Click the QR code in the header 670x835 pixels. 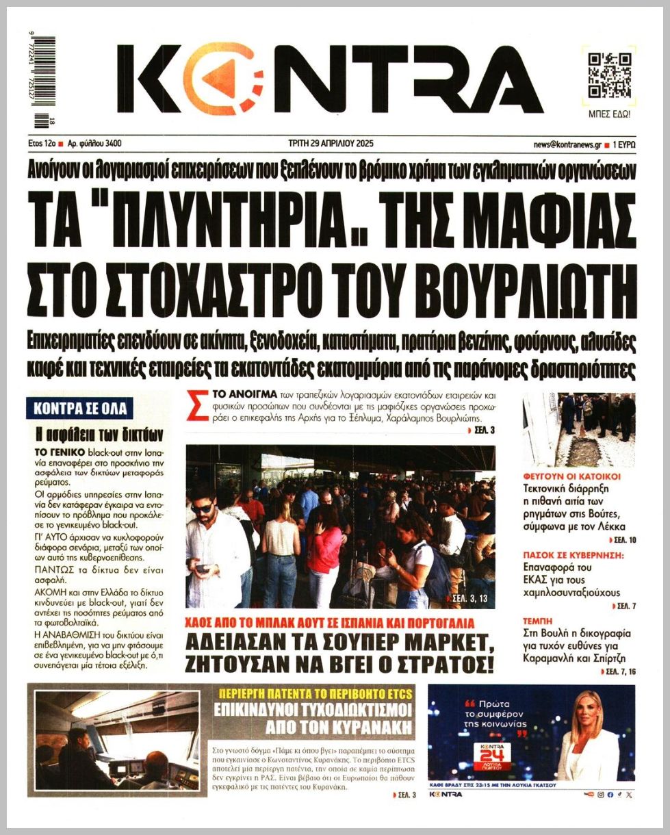pos(609,75)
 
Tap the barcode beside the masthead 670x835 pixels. pos(47,79)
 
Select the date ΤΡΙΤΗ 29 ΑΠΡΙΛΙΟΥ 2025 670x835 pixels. pos(332,144)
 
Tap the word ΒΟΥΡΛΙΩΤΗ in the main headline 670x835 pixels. pos(540,284)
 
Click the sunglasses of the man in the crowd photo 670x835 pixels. pos(201,507)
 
